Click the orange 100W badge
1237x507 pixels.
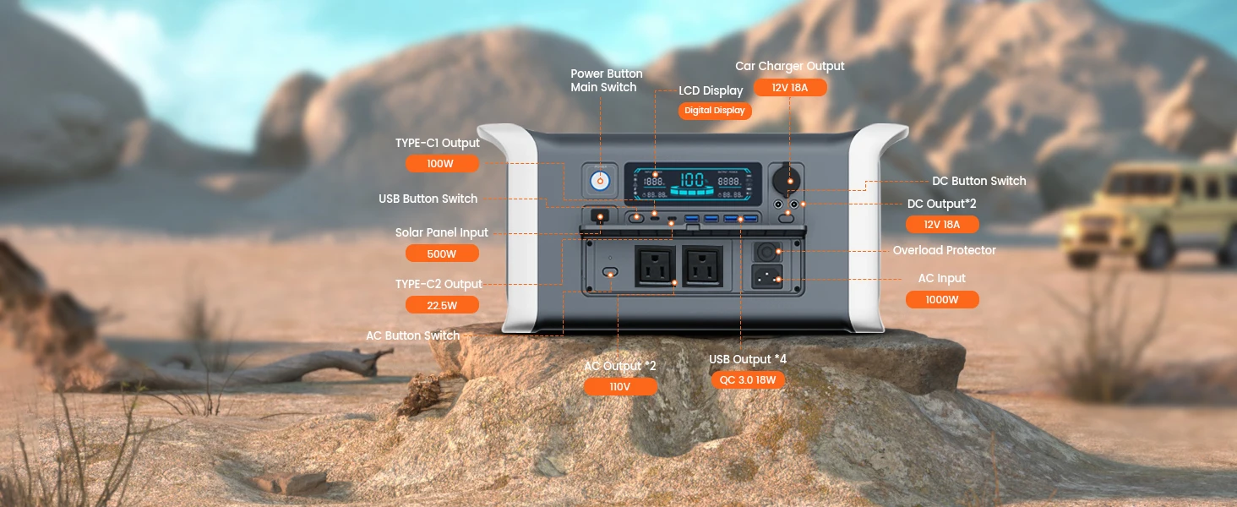pyautogui.click(x=442, y=163)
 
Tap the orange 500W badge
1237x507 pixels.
pyautogui.click(x=442, y=253)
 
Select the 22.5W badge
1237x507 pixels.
pyautogui.click(x=442, y=305)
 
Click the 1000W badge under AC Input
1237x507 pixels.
pyautogui.click(x=942, y=299)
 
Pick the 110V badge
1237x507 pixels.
pyautogui.click(x=620, y=387)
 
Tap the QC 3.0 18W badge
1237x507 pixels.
pyautogui.click(x=748, y=380)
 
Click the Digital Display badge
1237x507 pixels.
pyautogui.click(x=715, y=111)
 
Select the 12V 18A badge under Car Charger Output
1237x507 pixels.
pyautogui.click(x=790, y=87)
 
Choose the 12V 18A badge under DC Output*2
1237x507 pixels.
pyautogui.click(x=942, y=224)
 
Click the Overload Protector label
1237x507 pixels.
pyautogui.click(x=945, y=250)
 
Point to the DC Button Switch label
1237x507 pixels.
pyautogui.click(x=979, y=181)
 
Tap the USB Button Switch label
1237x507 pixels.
pyautogui.click(x=428, y=199)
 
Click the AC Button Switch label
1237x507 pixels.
pyautogui.click(x=412, y=335)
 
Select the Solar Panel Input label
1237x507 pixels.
pyautogui.click(x=442, y=232)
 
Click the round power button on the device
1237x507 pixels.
pyautogui.click(x=600, y=181)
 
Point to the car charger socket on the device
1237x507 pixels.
pyautogui.click(x=787, y=177)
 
